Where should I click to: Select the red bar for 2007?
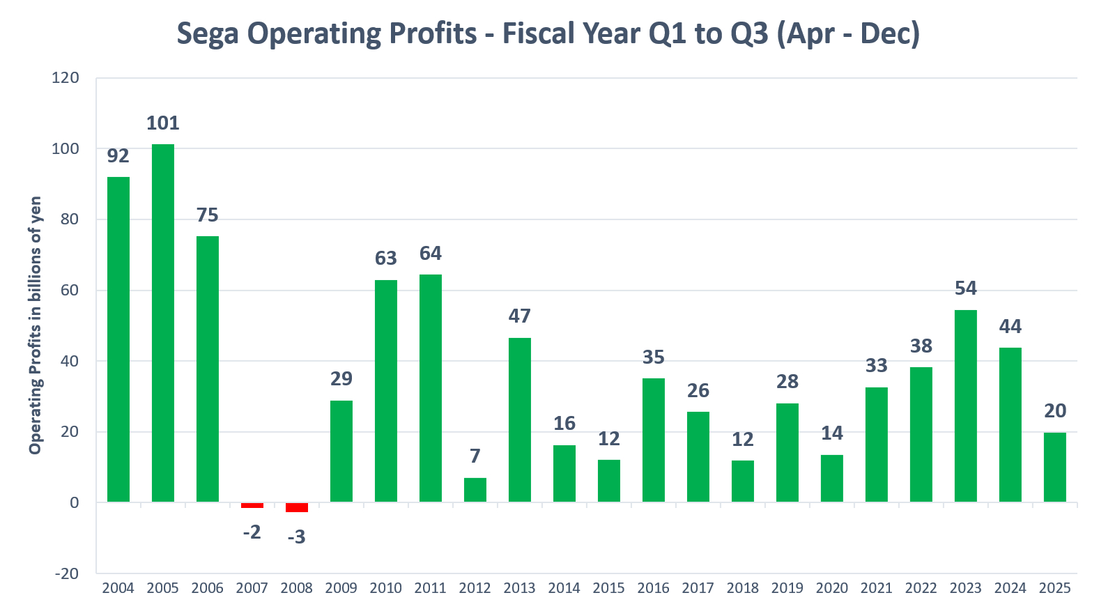252,505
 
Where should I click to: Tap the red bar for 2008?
297,507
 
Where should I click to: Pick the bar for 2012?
475,490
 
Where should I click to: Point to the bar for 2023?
966,406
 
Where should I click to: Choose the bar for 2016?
654,440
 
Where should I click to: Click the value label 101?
163,123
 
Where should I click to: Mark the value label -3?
296,537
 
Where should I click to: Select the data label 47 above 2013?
520,316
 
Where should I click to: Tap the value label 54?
966,288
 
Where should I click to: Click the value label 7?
475,456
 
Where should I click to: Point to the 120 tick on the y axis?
66,78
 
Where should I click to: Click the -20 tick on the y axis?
67,573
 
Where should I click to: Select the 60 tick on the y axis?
70,291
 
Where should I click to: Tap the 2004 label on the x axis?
118,588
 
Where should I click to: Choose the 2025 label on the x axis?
1055,588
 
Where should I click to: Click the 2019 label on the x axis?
787,588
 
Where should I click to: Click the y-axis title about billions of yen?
35,325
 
